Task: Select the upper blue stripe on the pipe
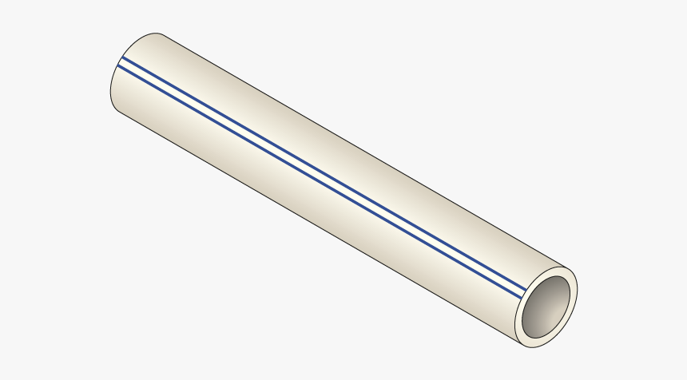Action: [320, 163]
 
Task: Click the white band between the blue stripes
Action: [320, 168]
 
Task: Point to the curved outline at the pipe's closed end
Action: [111, 80]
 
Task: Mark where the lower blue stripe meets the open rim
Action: [524, 290]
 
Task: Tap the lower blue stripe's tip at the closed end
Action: [117, 66]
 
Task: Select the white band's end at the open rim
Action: [526, 285]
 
